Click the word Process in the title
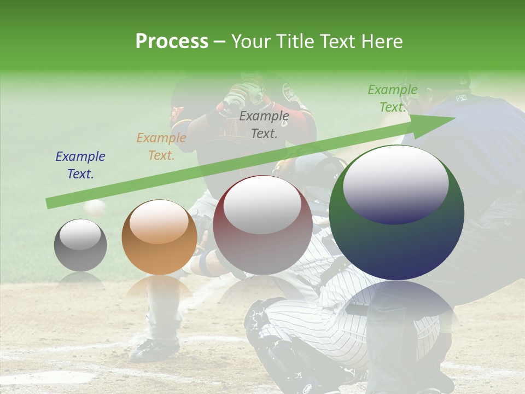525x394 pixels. (x=172, y=41)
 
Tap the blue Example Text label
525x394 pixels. (x=80, y=165)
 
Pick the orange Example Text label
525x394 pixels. (x=161, y=146)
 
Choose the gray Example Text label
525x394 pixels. (x=264, y=124)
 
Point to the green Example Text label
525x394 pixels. (x=392, y=99)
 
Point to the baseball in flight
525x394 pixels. (x=95, y=208)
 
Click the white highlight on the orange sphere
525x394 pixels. (x=159, y=222)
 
